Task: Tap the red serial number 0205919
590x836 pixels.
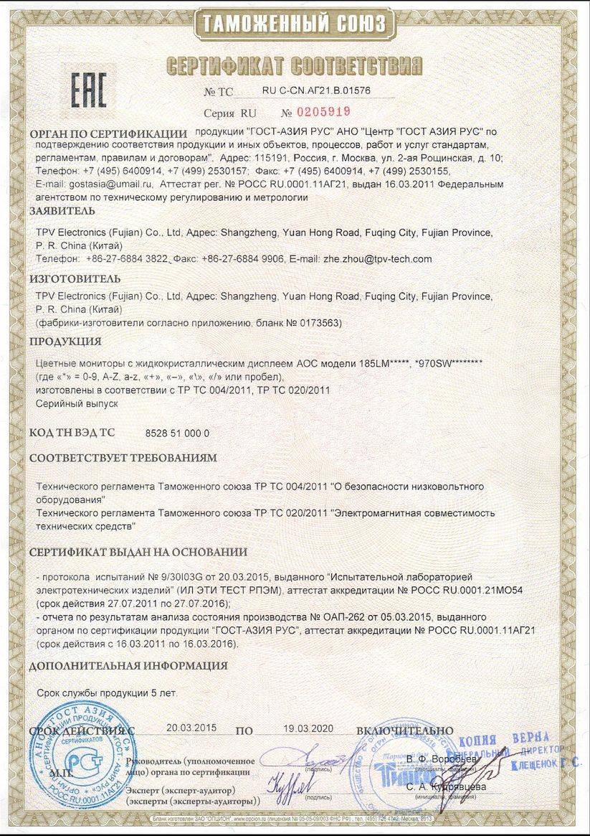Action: [321, 112]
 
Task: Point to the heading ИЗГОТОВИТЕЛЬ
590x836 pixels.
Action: [75, 278]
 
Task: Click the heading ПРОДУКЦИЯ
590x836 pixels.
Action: [65, 341]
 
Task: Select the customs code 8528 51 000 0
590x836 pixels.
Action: [178, 433]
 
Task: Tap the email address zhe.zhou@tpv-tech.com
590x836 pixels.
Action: [378, 258]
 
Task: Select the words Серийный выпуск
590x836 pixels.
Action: [67, 404]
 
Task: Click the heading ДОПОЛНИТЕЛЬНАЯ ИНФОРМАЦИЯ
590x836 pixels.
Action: [128, 665]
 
